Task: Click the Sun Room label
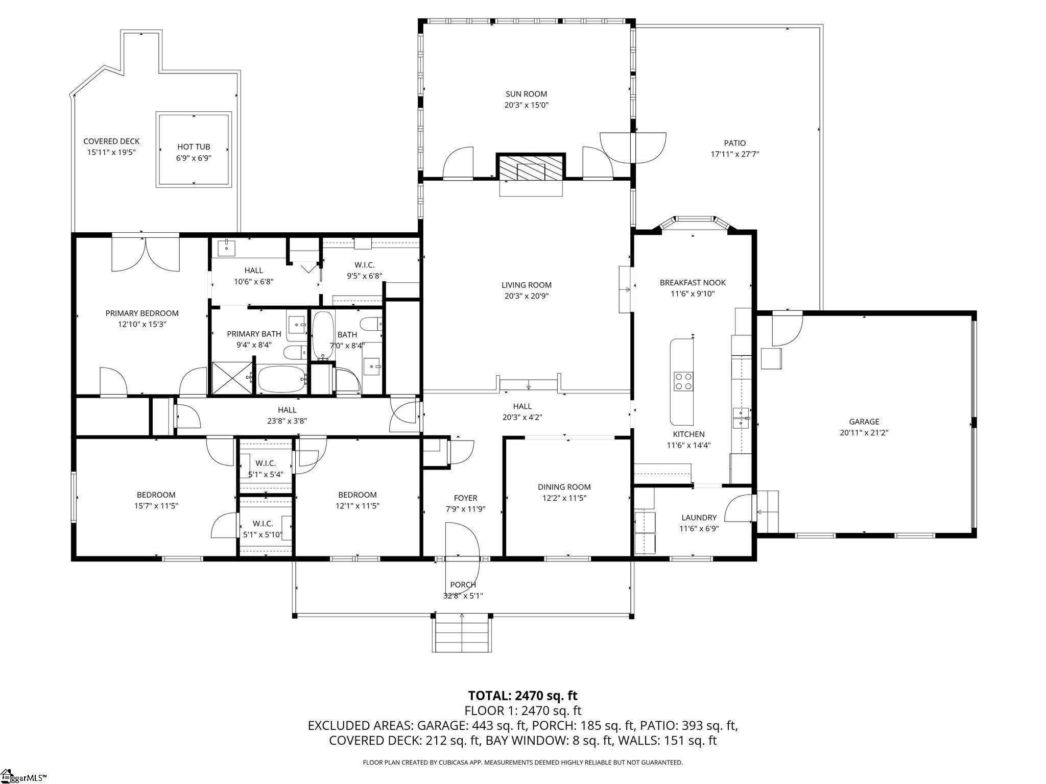[526, 94]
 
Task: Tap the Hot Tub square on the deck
[194, 149]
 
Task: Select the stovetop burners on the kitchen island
[683, 381]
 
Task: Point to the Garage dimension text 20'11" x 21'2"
[864, 432]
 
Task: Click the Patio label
[734, 143]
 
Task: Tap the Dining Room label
[564, 487]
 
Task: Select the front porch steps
[462, 633]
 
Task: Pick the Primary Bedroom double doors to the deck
[146, 254]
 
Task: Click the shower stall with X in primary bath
[232, 378]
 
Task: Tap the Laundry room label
[699, 518]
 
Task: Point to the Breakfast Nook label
[692, 282]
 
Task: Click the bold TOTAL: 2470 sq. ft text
[522, 695]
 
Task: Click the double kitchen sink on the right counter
[741, 417]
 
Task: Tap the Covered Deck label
[111, 141]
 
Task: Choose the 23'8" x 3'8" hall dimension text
[287, 421]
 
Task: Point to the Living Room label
[526, 285]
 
